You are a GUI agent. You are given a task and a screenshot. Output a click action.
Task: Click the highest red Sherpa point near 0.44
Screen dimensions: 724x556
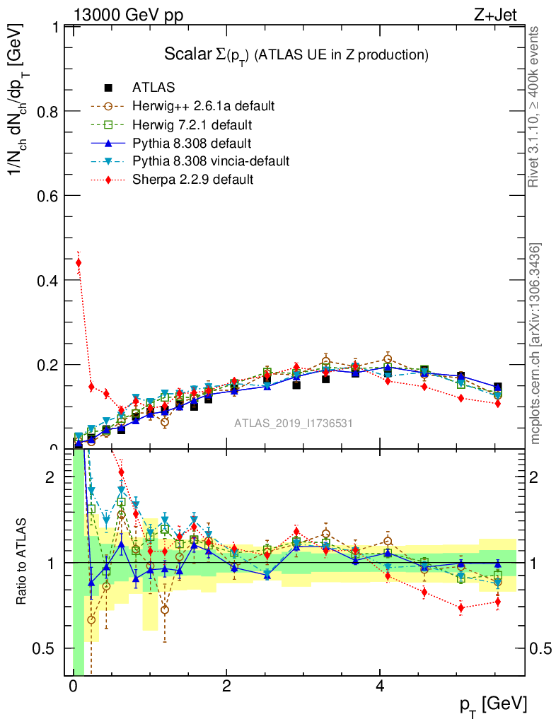coord(79,262)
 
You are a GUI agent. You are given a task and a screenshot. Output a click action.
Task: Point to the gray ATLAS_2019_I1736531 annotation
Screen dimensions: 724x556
coord(294,424)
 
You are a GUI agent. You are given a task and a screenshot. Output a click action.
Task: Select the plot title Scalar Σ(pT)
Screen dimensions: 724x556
coord(296,54)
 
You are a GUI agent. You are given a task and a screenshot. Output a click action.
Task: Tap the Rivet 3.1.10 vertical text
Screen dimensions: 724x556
coord(535,107)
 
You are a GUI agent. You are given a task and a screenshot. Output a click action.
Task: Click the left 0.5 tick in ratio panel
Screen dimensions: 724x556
coord(50,648)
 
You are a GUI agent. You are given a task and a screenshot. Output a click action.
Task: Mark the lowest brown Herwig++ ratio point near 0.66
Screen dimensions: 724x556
coord(91,620)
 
